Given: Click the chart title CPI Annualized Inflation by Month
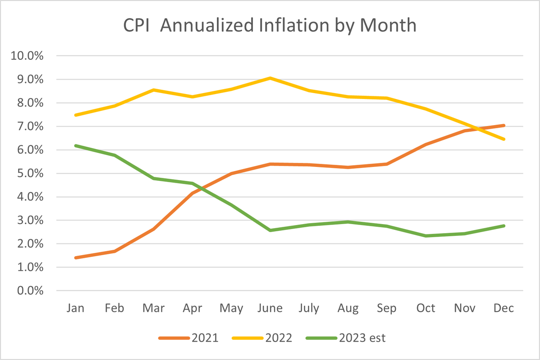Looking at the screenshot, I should click(270, 26).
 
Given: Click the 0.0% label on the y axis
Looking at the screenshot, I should click(30, 291).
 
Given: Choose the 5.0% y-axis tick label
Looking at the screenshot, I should click(30, 174).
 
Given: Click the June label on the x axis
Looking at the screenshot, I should click(270, 308).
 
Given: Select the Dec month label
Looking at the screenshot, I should click(504, 308).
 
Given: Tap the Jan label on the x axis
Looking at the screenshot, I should click(75, 308).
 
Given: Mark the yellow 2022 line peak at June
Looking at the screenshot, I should click(270, 78).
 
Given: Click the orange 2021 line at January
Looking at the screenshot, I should click(76, 258).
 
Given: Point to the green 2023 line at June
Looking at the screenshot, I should click(270, 230).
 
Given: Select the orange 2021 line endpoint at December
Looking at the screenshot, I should click(504, 126).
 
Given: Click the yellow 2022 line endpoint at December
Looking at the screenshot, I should click(504, 139).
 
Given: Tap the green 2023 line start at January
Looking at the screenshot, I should click(76, 145).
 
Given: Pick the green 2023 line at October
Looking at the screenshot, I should click(426, 236).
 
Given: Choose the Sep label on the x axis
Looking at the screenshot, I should click(387, 308).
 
